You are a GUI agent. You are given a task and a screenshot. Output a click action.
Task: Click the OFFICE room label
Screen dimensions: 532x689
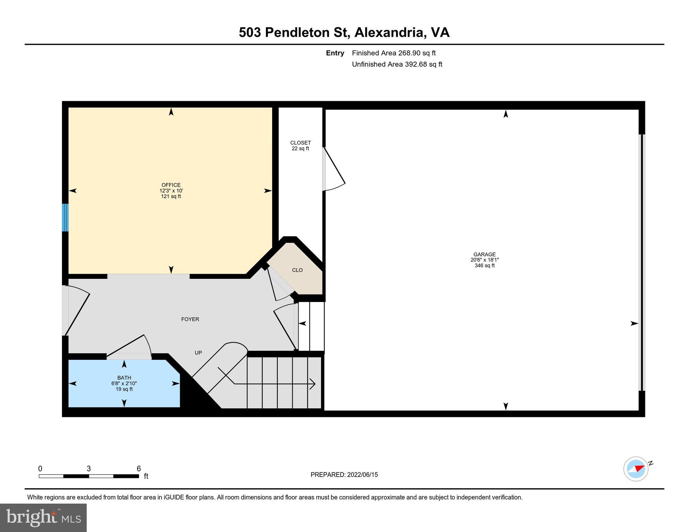point(171,185)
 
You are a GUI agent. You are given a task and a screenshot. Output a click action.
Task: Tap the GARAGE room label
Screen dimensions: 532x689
point(484,254)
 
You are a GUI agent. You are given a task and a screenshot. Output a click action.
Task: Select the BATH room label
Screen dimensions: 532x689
point(124,378)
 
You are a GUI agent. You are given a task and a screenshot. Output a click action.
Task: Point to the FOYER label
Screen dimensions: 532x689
point(190,319)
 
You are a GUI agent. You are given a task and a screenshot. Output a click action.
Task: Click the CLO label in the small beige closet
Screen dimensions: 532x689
point(297,270)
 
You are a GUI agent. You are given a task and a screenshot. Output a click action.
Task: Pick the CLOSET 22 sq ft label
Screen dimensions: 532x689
point(300,145)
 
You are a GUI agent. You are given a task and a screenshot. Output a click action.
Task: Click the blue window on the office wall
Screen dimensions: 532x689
point(65,218)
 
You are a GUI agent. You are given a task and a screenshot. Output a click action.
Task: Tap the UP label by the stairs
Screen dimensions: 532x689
point(198,353)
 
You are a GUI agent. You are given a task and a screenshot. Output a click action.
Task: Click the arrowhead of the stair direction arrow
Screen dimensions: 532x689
point(313,384)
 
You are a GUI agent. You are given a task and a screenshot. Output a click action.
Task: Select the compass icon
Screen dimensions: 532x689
point(636,469)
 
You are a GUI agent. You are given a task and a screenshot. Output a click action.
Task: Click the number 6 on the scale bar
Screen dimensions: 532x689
point(139,469)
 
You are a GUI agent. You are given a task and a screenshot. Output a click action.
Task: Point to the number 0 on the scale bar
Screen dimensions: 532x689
point(40,469)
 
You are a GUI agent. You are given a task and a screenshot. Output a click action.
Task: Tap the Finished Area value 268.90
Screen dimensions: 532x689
point(409,53)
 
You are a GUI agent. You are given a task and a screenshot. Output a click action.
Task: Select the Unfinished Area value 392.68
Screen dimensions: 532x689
point(416,64)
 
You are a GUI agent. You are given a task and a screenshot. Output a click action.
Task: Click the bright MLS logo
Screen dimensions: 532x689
point(43,517)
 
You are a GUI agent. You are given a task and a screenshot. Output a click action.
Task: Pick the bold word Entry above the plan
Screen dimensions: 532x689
point(335,53)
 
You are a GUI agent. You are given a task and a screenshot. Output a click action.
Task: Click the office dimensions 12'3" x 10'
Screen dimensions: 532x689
point(171,191)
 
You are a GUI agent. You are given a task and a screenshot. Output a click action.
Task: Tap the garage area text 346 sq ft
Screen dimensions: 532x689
point(484,266)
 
